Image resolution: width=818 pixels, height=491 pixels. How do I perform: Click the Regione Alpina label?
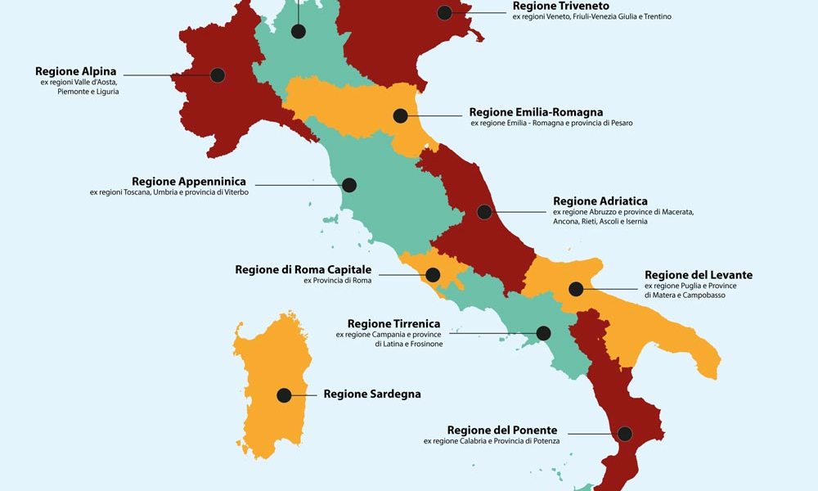(x=76, y=71)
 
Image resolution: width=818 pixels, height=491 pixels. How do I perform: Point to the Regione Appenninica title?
(x=188, y=182)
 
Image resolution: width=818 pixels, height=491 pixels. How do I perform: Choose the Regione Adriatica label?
(x=600, y=201)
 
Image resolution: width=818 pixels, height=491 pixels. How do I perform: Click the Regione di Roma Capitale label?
(x=303, y=269)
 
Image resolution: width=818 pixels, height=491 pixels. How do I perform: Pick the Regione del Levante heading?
(x=699, y=275)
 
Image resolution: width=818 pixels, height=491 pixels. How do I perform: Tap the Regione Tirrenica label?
(x=394, y=324)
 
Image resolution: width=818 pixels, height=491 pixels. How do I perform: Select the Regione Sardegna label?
(x=372, y=394)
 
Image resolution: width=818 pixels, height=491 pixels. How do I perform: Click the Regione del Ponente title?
(x=502, y=430)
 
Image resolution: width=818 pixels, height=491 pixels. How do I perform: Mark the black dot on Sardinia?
(x=284, y=395)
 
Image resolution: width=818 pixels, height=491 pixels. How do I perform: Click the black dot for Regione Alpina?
(x=218, y=75)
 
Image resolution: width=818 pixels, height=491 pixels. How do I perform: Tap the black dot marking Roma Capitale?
(x=433, y=275)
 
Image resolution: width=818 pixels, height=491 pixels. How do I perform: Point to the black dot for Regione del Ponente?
(x=626, y=434)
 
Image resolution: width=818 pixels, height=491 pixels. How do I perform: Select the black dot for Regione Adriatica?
(x=484, y=212)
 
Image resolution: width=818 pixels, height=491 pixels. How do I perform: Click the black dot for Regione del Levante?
(x=577, y=288)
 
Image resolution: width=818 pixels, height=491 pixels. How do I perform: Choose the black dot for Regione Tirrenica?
(x=542, y=333)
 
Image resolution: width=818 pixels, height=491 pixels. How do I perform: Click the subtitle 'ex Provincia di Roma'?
(x=337, y=282)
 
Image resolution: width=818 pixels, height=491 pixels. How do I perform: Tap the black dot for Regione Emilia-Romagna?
(x=400, y=116)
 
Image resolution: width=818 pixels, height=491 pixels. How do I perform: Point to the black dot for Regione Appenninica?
(x=349, y=185)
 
